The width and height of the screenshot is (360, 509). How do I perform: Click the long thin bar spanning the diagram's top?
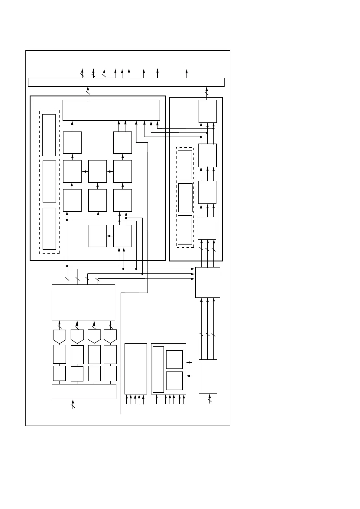click(126, 82)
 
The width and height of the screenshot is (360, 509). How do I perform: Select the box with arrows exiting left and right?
click(97, 171)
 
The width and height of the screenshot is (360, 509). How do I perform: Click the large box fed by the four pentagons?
click(83, 302)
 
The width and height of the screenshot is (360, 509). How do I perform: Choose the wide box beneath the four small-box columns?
click(84, 391)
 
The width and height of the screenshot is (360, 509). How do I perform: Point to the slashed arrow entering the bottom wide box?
click(73, 404)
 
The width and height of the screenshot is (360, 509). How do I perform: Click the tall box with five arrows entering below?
click(136, 368)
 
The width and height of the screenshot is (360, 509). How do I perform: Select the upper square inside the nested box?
click(174, 359)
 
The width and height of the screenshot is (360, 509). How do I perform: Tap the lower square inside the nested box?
click(174, 381)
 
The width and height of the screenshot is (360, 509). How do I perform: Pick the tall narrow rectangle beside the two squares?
click(158, 369)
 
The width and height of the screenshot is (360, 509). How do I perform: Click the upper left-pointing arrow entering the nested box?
click(189, 362)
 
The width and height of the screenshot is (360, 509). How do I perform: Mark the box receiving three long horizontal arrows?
click(207, 282)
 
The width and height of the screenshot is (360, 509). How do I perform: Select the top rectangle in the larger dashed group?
click(49, 135)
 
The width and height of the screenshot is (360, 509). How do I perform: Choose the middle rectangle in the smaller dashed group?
click(185, 198)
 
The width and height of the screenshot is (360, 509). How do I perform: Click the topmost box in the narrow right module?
click(207, 111)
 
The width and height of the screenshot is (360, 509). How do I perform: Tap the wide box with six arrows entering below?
click(111, 110)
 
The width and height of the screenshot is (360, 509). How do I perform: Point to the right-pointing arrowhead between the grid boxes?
click(111, 171)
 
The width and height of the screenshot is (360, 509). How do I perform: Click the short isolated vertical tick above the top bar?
click(185, 66)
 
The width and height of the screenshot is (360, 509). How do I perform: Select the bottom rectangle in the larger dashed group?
click(49, 229)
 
